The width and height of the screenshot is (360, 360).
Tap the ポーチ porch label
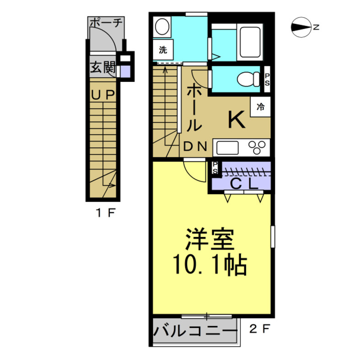[x=106, y=22]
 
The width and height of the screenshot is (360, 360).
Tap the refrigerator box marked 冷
[x=260, y=107]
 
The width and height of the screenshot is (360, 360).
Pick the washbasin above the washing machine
[x=161, y=27]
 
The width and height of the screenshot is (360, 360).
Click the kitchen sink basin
[x=227, y=148]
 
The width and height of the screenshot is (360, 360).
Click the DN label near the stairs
[x=196, y=147]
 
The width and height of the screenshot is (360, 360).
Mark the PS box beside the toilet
[x=267, y=80]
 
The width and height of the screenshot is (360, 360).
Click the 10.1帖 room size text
[x=210, y=264]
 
